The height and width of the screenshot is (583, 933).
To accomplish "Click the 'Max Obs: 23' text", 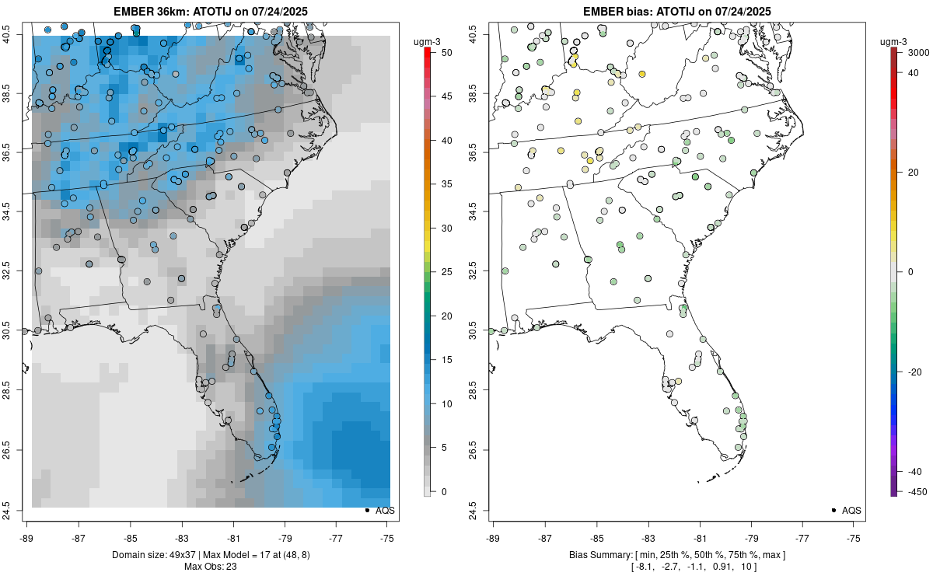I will [x=211, y=566].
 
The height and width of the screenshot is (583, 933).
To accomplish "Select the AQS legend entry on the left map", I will [x=379, y=511].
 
